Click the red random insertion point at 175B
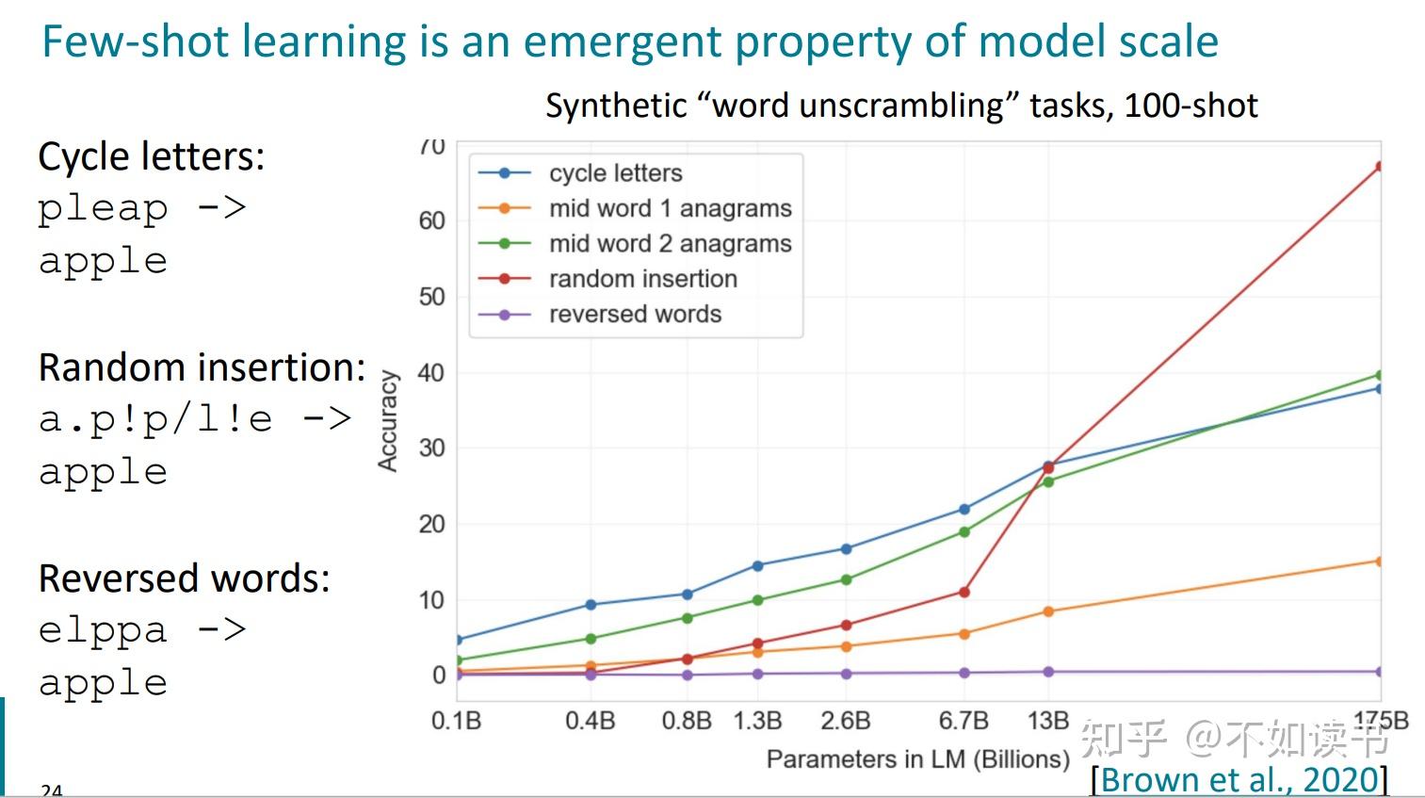[x=1380, y=167]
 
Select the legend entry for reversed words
[x=635, y=315]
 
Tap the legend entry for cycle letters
[x=615, y=173]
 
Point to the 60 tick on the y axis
[x=431, y=220]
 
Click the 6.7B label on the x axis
[x=963, y=722]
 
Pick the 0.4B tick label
[x=590, y=722]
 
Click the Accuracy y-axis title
[x=387, y=420]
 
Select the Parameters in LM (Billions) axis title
[x=917, y=759]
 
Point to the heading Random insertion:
[x=202, y=367]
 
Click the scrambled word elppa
[x=103, y=629]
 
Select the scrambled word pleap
[x=103, y=208]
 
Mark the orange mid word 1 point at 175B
[x=1380, y=562]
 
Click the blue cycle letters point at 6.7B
[x=964, y=510]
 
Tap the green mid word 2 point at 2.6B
[x=846, y=580]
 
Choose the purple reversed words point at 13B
[x=1048, y=672]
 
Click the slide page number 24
[x=51, y=790]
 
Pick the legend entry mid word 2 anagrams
[x=670, y=244]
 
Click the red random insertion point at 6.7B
[x=964, y=593]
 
